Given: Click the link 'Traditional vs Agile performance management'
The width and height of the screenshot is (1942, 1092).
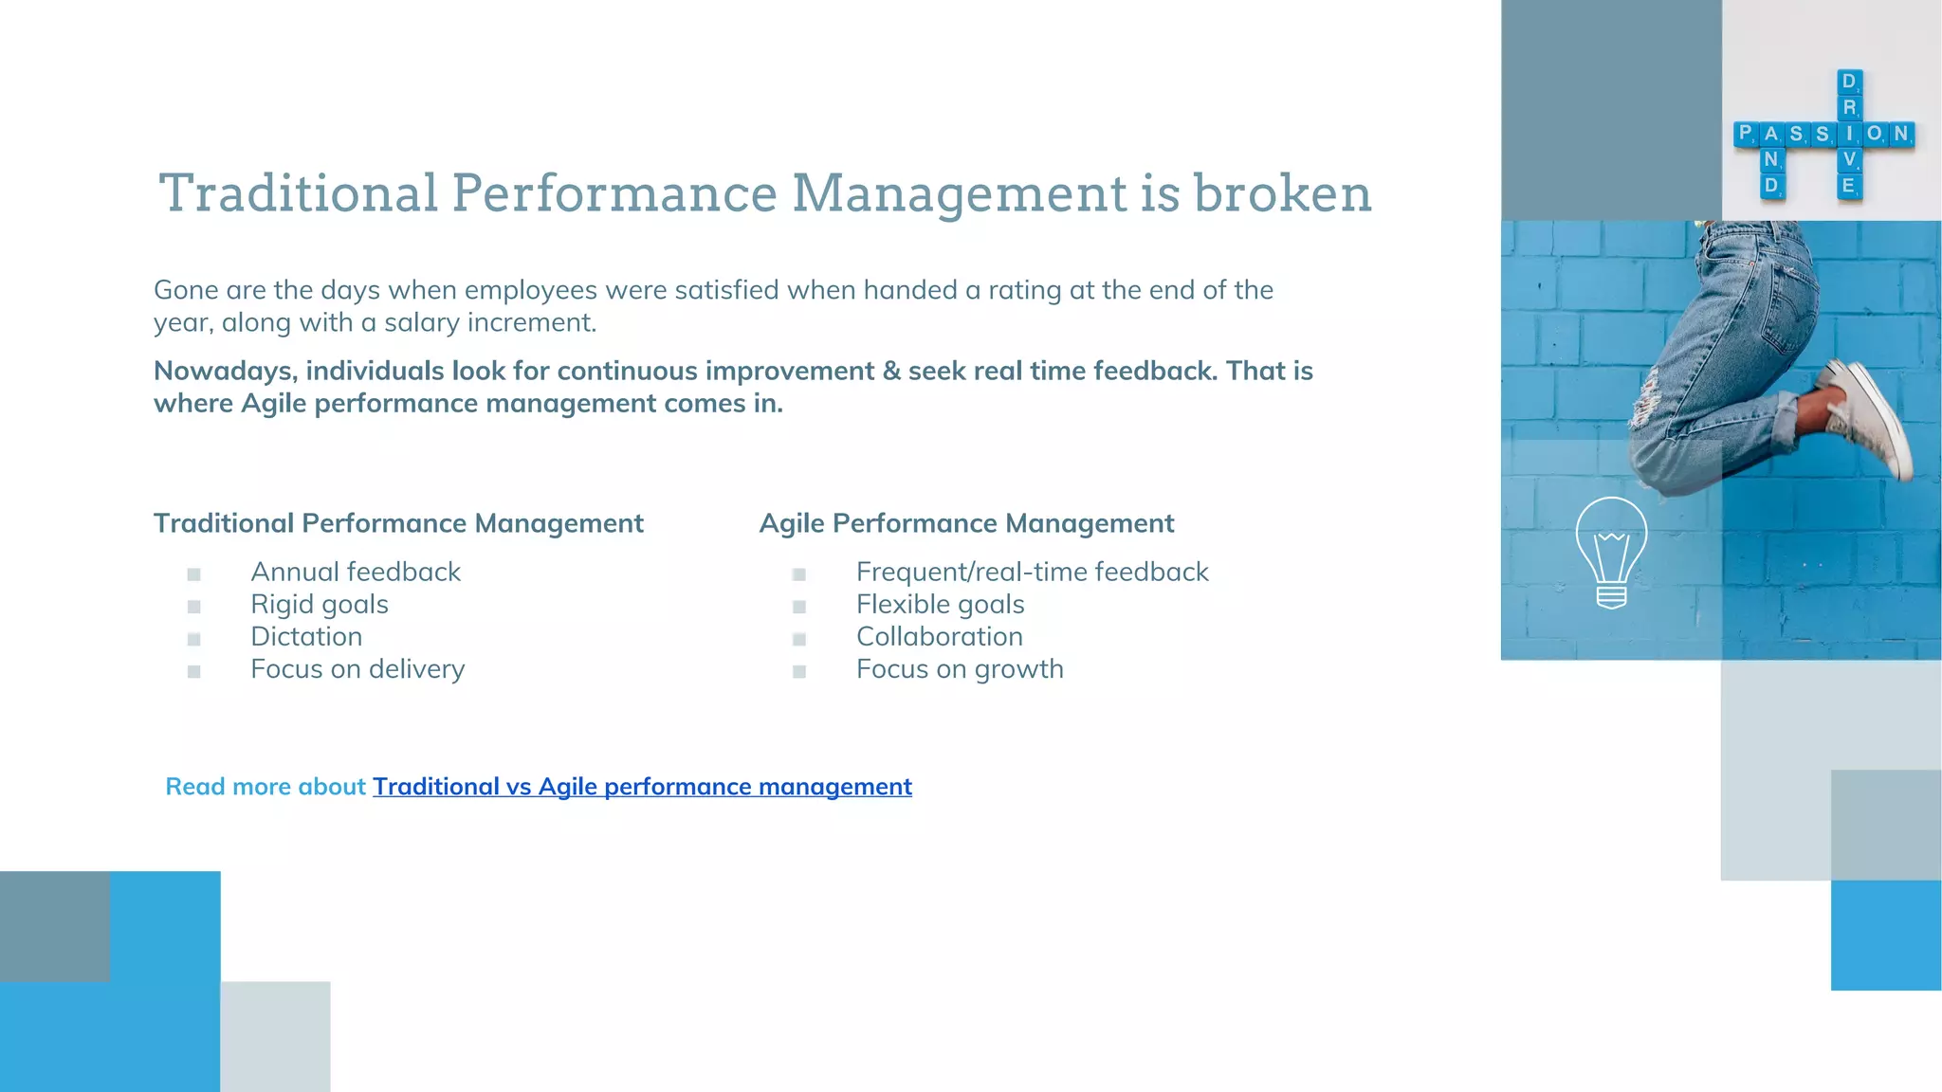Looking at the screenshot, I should click(x=642, y=787).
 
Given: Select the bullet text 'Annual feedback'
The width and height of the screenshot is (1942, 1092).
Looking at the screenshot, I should click(x=356, y=572).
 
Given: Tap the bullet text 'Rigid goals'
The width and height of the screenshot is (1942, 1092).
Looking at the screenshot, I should click(x=320, y=604).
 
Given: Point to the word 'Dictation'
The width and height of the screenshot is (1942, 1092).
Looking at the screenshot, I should click(x=306, y=636).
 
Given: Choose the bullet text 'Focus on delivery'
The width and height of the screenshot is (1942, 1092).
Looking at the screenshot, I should click(x=357, y=669).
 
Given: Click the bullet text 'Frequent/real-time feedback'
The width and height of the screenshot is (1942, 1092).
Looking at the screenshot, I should click(x=1032, y=572).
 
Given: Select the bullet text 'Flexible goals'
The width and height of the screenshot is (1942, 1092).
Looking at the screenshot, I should click(x=940, y=604).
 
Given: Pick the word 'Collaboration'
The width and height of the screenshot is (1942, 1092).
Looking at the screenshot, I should click(x=939, y=636).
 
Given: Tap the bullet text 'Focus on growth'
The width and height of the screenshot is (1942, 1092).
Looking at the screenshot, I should click(x=960, y=669).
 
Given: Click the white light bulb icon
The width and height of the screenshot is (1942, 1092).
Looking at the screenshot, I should click(x=1611, y=552).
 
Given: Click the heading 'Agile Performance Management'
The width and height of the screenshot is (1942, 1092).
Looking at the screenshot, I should click(x=966, y=523).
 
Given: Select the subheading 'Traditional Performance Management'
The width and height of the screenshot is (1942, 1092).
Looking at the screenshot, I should click(x=398, y=523).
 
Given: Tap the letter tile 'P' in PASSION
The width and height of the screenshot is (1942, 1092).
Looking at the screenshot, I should click(x=1746, y=134).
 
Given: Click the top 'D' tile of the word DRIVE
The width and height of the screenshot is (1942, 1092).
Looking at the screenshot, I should click(x=1848, y=82).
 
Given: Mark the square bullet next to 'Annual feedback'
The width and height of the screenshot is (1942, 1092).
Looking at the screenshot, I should click(x=194, y=574).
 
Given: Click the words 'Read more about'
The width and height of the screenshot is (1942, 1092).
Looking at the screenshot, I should click(x=266, y=787).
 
